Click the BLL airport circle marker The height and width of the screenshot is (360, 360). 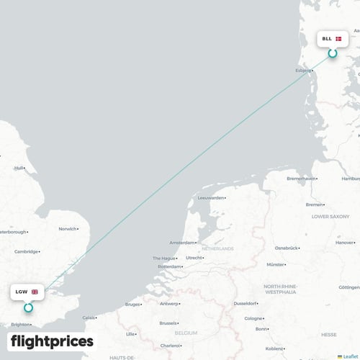click(x=333, y=53)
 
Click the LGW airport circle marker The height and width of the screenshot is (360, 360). click(x=28, y=307)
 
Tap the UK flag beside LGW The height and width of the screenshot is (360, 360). click(x=35, y=292)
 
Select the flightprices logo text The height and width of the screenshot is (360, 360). click(x=52, y=341)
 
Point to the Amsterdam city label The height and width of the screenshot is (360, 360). click(x=181, y=243)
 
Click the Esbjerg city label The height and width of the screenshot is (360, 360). click(x=303, y=71)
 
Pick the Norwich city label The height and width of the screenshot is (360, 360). click(x=68, y=229)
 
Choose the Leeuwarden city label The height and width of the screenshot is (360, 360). click(x=211, y=197)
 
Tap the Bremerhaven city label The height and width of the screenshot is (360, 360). click(x=302, y=179)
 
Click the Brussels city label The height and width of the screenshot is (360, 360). click(x=170, y=323)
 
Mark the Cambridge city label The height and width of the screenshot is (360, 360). click(x=26, y=251)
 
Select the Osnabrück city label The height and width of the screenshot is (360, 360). click(x=287, y=248)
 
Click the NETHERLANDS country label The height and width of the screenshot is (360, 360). click(x=218, y=248)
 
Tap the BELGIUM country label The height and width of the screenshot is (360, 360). click(x=186, y=334)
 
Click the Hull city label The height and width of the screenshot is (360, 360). click(x=19, y=168)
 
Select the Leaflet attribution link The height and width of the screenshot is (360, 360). click(x=351, y=356)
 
